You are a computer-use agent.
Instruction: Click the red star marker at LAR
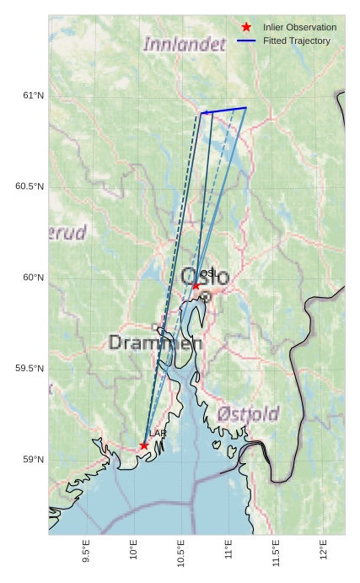pyautogui.click(x=144, y=445)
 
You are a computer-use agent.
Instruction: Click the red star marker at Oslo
pyautogui.click(x=196, y=285)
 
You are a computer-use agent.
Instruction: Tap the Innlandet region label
pyautogui.click(x=184, y=44)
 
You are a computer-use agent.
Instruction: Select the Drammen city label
pyautogui.click(x=155, y=343)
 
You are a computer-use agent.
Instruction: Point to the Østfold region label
pyautogui.click(x=248, y=413)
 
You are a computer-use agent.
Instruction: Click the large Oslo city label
pyautogui.click(x=205, y=276)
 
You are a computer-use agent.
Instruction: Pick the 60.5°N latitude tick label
pyautogui.click(x=30, y=186)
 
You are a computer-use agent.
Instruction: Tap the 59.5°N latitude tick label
pyautogui.click(x=30, y=369)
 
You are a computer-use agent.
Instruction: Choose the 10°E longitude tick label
pyautogui.click(x=133, y=549)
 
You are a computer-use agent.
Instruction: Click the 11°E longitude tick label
pyautogui.click(x=228, y=549)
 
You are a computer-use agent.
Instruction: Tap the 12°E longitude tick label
pyautogui.click(x=324, y=549)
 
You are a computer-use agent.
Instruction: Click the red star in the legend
pyautogui.click(x=246, y=27)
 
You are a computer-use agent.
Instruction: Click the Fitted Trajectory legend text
pyautogui.click(x=297, y=40)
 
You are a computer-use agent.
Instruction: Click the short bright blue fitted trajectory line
pyautogui.click(x=224, y=110)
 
